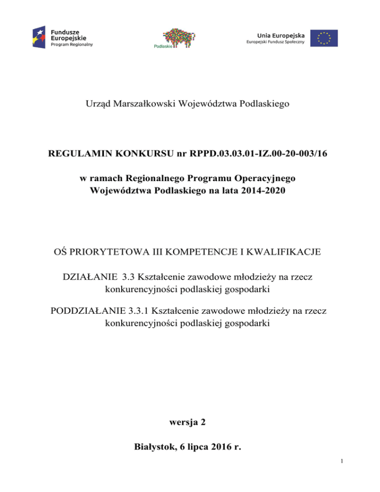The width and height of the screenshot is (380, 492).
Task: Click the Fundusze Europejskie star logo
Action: pyautogui.click(x=40, y=37)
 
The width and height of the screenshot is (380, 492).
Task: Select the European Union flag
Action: pyautogui.click(x=324, y=38)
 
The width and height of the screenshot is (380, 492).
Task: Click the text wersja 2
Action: pyautogui.click(x=190, y=422)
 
